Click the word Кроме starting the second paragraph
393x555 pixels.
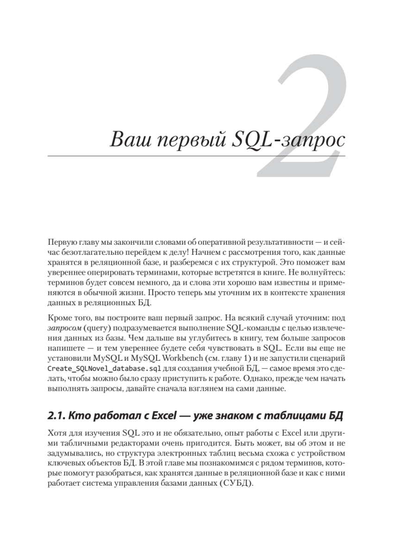(58, 319)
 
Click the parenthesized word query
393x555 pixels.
(95, 329)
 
